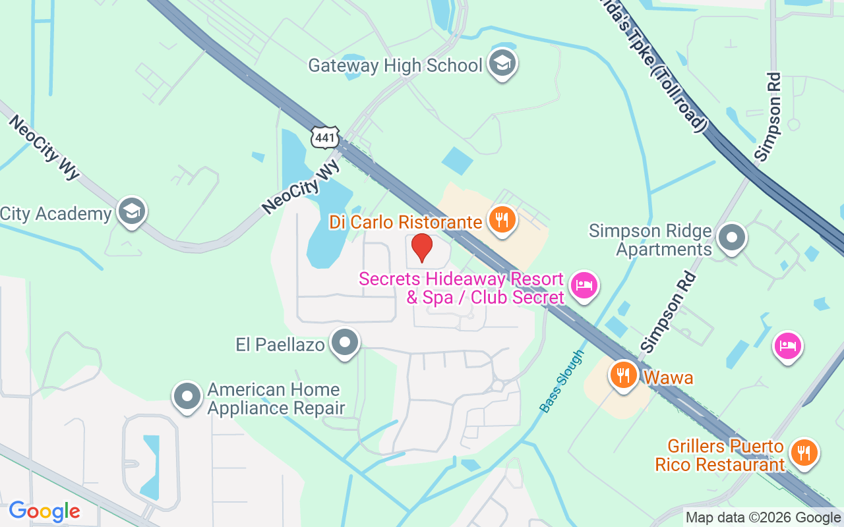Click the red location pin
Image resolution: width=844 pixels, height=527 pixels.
[422, 248]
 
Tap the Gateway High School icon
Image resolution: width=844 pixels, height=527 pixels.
[503, 64]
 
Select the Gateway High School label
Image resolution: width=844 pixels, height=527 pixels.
[396, 66]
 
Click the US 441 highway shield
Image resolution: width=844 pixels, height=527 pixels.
[326, 138]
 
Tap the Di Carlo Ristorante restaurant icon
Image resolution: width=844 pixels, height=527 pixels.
[502, 220]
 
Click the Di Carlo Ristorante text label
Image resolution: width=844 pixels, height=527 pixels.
[406, 222]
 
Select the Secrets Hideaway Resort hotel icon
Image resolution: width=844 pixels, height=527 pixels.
[584, 286]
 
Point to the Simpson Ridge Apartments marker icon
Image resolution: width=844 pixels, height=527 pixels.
[731, 238]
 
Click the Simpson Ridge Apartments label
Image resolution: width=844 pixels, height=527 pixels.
[650, 240]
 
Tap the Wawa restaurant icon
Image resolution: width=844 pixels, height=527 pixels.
[623, 375]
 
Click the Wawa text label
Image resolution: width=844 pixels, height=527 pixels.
[669, 378]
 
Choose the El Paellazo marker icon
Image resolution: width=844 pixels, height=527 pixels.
[344, 343]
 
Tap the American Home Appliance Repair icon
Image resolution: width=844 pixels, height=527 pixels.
[187, 397]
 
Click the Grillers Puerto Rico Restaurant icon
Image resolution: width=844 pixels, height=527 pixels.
[804, 453]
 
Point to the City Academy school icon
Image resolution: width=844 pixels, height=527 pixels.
[131, 211]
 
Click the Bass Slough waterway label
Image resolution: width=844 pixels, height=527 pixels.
[562, 381]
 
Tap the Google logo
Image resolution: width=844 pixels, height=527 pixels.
[44, 511]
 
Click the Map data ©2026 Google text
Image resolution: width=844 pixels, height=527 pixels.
[764, 518]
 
